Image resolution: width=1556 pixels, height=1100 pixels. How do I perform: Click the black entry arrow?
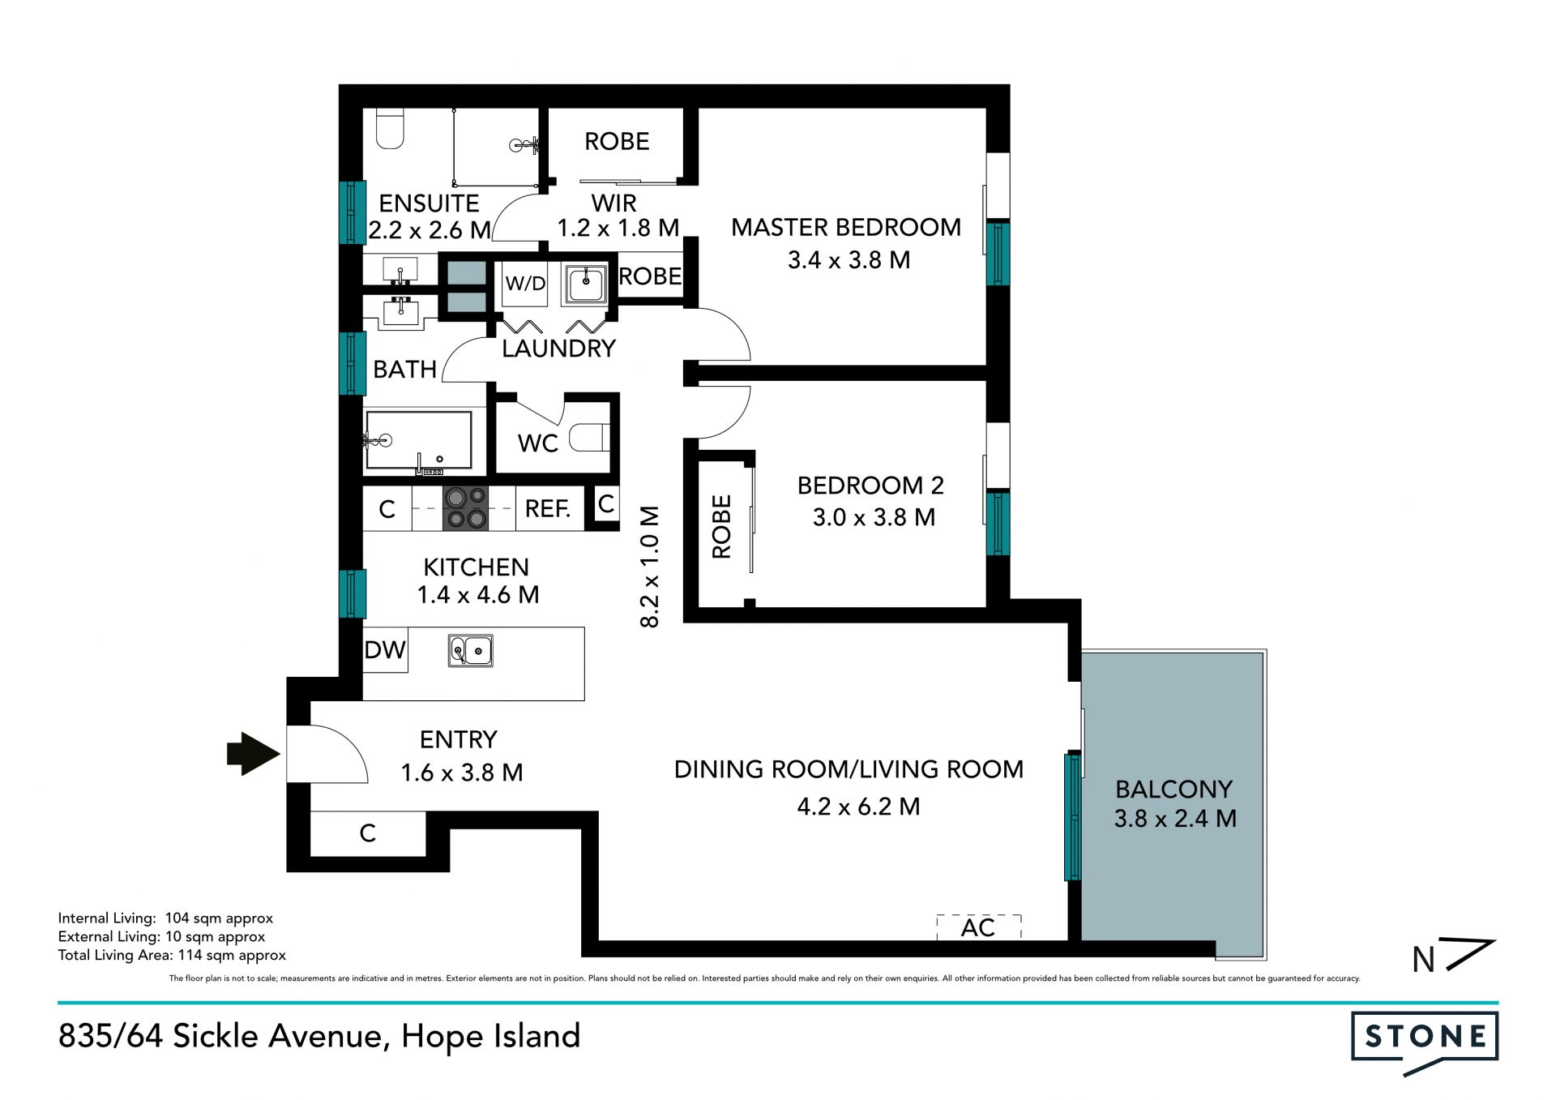[x=253, y=754]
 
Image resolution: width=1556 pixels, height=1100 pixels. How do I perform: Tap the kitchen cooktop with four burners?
[x=465, y=508]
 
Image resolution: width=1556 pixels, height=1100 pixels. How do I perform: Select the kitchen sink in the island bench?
[x=471, y=650]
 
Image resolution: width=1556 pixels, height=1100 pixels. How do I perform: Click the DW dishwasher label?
[x=385, y=650]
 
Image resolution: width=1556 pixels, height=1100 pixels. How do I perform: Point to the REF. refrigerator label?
[x=548, y=509]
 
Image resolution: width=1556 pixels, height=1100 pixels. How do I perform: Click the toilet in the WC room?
[x=589, y=438]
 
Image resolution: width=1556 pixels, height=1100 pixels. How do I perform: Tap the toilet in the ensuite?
[x=390, y=128]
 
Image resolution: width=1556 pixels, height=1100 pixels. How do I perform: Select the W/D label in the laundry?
[x=525, y=284]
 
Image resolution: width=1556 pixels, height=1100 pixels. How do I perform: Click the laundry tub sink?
[x=585, y=284]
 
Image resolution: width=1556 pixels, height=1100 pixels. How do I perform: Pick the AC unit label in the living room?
[x=978, y=928]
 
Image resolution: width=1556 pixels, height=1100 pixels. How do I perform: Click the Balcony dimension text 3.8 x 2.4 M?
[x=1175, y=819]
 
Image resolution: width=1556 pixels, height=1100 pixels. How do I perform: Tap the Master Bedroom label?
[x=846, y=228]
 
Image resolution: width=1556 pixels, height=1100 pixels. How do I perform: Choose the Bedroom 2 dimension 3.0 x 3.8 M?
[x=874, y=517]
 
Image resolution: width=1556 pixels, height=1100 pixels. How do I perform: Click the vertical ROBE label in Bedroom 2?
[x=721, y=527]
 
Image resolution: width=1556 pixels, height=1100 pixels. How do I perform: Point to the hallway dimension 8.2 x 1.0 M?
[x=650, y=567]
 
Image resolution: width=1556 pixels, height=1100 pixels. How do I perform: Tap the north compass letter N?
[x=1423, y=960]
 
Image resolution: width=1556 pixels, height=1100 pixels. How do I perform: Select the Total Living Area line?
[x=172, y=955]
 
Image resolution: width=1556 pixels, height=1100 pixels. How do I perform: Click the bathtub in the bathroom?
[x=418, y=440]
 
